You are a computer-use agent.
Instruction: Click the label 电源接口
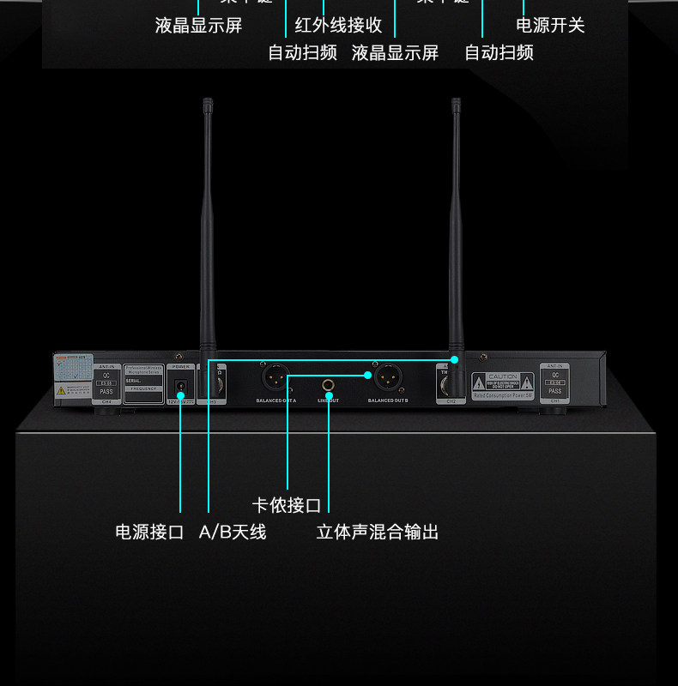tap(150, 533)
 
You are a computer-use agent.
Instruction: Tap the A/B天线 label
tap(233, 533)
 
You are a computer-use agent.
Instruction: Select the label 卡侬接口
tap(287, 505)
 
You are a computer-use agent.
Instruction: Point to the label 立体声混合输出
tap(378, 533)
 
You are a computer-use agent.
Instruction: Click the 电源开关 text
tap(550, 26)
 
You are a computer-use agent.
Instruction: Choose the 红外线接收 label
tap(338, 26)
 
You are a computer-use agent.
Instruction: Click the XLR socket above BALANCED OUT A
tap(275, 377)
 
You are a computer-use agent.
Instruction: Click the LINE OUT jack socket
tap(328, 385)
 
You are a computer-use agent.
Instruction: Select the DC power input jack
tap(180, 385)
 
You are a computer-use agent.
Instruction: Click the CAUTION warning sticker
tap(503, 382)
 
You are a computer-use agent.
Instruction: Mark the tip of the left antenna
tap(207, 102)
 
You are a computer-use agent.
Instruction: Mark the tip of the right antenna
tap(456, 102)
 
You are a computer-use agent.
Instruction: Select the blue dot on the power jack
tap(180, 395)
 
